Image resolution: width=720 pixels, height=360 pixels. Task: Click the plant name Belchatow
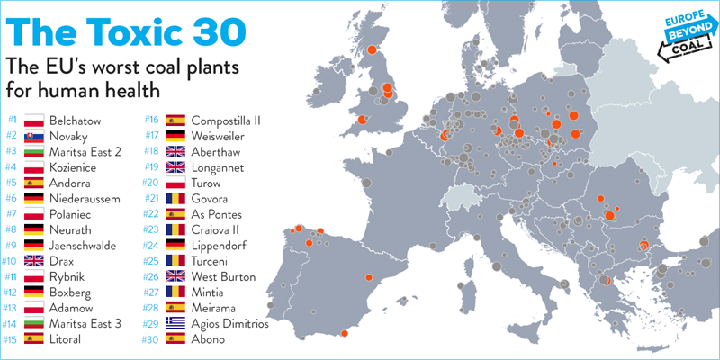click(x=76, y=121)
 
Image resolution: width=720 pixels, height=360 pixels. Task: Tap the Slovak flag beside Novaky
click(x=33, y=137)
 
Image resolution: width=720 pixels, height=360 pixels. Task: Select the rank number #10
click(x=10, y=261)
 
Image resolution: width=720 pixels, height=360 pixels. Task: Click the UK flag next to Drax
click(x=33, y=261)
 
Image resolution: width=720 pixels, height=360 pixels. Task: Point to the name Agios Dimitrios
click(x=229, y=324)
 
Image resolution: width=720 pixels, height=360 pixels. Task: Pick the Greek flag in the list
click(x=175, y=323)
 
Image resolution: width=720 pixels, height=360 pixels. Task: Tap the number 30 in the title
click(x=222, y=31)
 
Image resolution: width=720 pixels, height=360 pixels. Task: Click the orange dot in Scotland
click(x=372, y=49)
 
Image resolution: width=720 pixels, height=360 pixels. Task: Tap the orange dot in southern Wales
click(x=362, y=120)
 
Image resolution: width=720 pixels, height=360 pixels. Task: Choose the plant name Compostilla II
click(x=226, y=121)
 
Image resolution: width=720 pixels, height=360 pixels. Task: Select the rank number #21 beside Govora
click(x=151, y=199)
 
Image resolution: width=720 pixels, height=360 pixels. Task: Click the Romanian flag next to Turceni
click(x=175, y=261)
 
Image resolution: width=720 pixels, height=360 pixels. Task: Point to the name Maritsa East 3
click(x=85, y=324)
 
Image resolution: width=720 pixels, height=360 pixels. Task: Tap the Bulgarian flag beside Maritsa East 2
click(x=33, y=152)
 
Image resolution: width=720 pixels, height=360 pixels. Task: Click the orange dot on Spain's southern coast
click(x=345, y=333)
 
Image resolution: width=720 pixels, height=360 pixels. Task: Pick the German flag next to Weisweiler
click(x=175, y=136)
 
